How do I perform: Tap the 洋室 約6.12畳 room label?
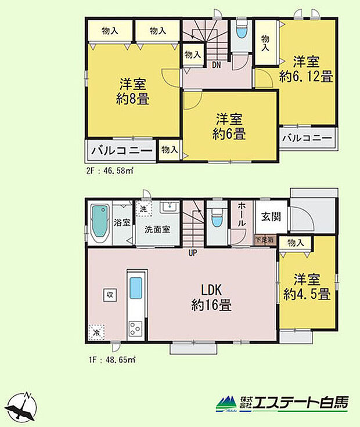click(x=305, y=68)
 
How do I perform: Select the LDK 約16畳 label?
click(x=211, y=296)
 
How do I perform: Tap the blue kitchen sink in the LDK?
click(x=135, y=288)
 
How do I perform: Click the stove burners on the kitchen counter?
click(x=135, y=328)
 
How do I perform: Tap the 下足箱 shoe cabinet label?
click(x=265, y=240)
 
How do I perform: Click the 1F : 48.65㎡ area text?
click(x=110, y=360)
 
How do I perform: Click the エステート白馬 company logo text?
click(x=300, y=403)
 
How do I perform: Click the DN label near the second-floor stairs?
click(x=215, y=64)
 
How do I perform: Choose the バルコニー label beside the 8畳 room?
click(x=122, y=151)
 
